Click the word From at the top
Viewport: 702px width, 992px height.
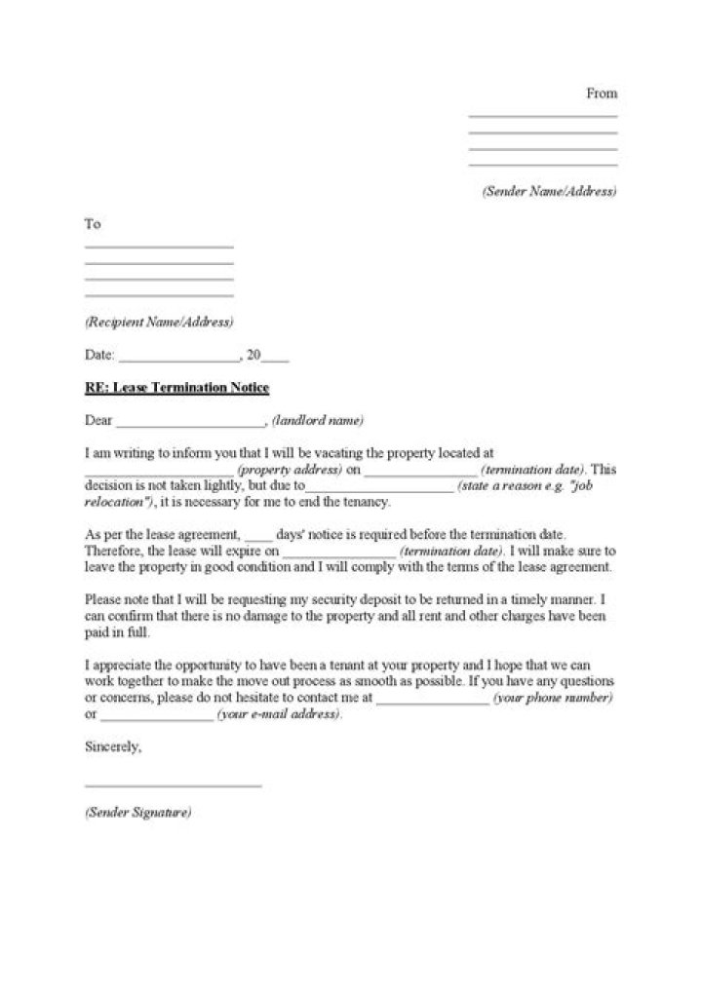602,94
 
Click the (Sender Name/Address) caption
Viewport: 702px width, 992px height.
550,192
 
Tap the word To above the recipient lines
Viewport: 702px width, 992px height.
93,224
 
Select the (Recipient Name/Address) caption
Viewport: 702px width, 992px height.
159,322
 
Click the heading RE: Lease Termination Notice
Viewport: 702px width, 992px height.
176,388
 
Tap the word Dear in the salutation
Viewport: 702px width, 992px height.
99,421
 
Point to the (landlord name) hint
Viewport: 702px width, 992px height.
318,421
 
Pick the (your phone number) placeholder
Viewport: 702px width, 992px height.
553,699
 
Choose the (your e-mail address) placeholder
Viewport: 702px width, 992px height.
280,714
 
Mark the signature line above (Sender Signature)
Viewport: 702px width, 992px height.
174,785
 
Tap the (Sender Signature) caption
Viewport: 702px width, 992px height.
137,812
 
